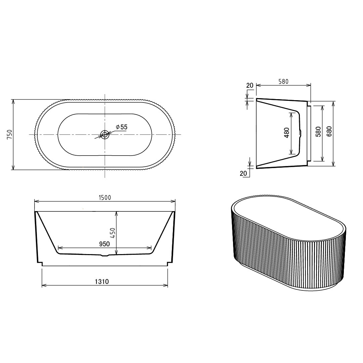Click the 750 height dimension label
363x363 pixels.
coord(9,134)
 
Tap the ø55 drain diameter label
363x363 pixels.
coord(122,127)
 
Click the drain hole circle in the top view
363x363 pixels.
coord(105,134)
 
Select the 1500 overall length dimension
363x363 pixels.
coord(105,198)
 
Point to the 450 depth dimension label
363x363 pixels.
coord(112,233)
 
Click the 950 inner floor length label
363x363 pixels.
coord(104,244)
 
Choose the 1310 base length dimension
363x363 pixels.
coord(102,281)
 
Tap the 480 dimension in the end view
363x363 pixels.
coord(286,133)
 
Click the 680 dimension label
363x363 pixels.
coord(329,131)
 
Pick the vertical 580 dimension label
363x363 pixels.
coord(319,131)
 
